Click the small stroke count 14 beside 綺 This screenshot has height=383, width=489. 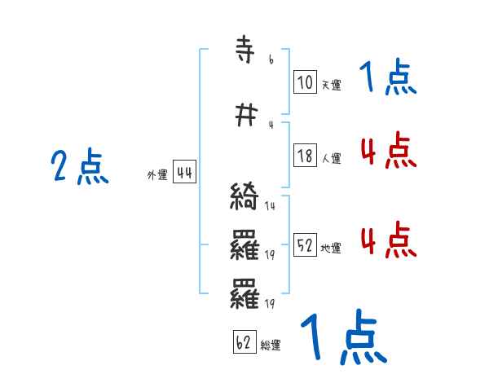pyautogui.click(x=270, y=206)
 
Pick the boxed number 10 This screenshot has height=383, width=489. pyautogui.click(x=305, y=81)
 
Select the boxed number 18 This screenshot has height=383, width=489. pyautogui.click(x=305, y=156)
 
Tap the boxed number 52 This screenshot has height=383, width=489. pyautogui.click(x=305, y=246)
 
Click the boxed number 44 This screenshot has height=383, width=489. pyautogui.click(x=184, y=172)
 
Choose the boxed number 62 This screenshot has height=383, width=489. pyautogui.click(x=244, y=342)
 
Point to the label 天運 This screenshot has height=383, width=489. pyautogui.click(x=330, y=85)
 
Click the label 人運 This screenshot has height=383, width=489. pyautogui.click(x=330, y=159)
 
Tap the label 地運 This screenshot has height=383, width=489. pyautogui.click(x=330, y=249)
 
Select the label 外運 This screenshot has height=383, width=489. pyautogui.click(x=157, y=175)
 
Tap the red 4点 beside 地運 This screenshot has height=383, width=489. pyautogui.click(x=387, y=241)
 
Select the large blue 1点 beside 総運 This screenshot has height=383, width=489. pyautogui.click(x=343, y=338)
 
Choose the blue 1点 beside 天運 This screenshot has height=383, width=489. pyautogui.click(x=387, y=78)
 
